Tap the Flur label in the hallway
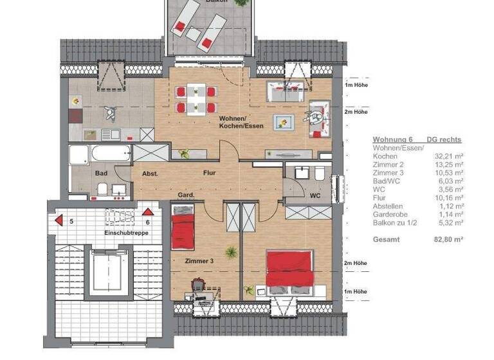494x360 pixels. coord(209,173)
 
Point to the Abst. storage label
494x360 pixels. coord(150,173)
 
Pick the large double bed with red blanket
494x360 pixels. coord(290,269)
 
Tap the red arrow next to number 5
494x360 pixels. coord(59,221)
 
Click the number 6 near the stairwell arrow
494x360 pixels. coord(147,222)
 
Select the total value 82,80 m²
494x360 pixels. coord(449,239)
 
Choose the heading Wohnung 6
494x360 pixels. coord(393,139)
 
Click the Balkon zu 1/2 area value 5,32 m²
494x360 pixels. coord(450,222)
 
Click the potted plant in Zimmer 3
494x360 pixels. coord(227,251)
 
